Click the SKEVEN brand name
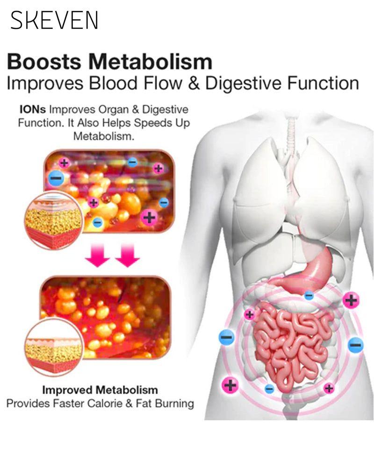[54, 20]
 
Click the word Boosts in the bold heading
[44, 62]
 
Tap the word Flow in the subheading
[163, 83]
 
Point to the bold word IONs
[33, 109]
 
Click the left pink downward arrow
[98, 255]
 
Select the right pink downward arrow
[128, 255]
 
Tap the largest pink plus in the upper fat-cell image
[149, 218]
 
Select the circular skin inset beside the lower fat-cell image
[53, 347]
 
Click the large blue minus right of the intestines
[355, 345]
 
